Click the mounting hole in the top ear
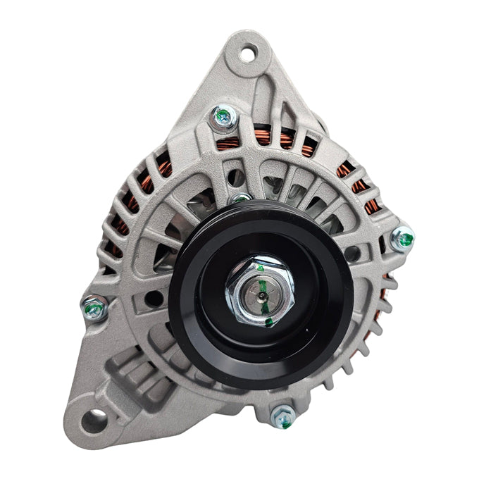coord(249,52)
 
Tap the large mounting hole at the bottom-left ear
coord(93,421)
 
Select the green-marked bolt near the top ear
coord(223,117)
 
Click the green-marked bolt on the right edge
coord(402,238)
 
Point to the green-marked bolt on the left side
coord(94,308)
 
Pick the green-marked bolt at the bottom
coord(283,416)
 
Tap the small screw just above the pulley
coord(242,199)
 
